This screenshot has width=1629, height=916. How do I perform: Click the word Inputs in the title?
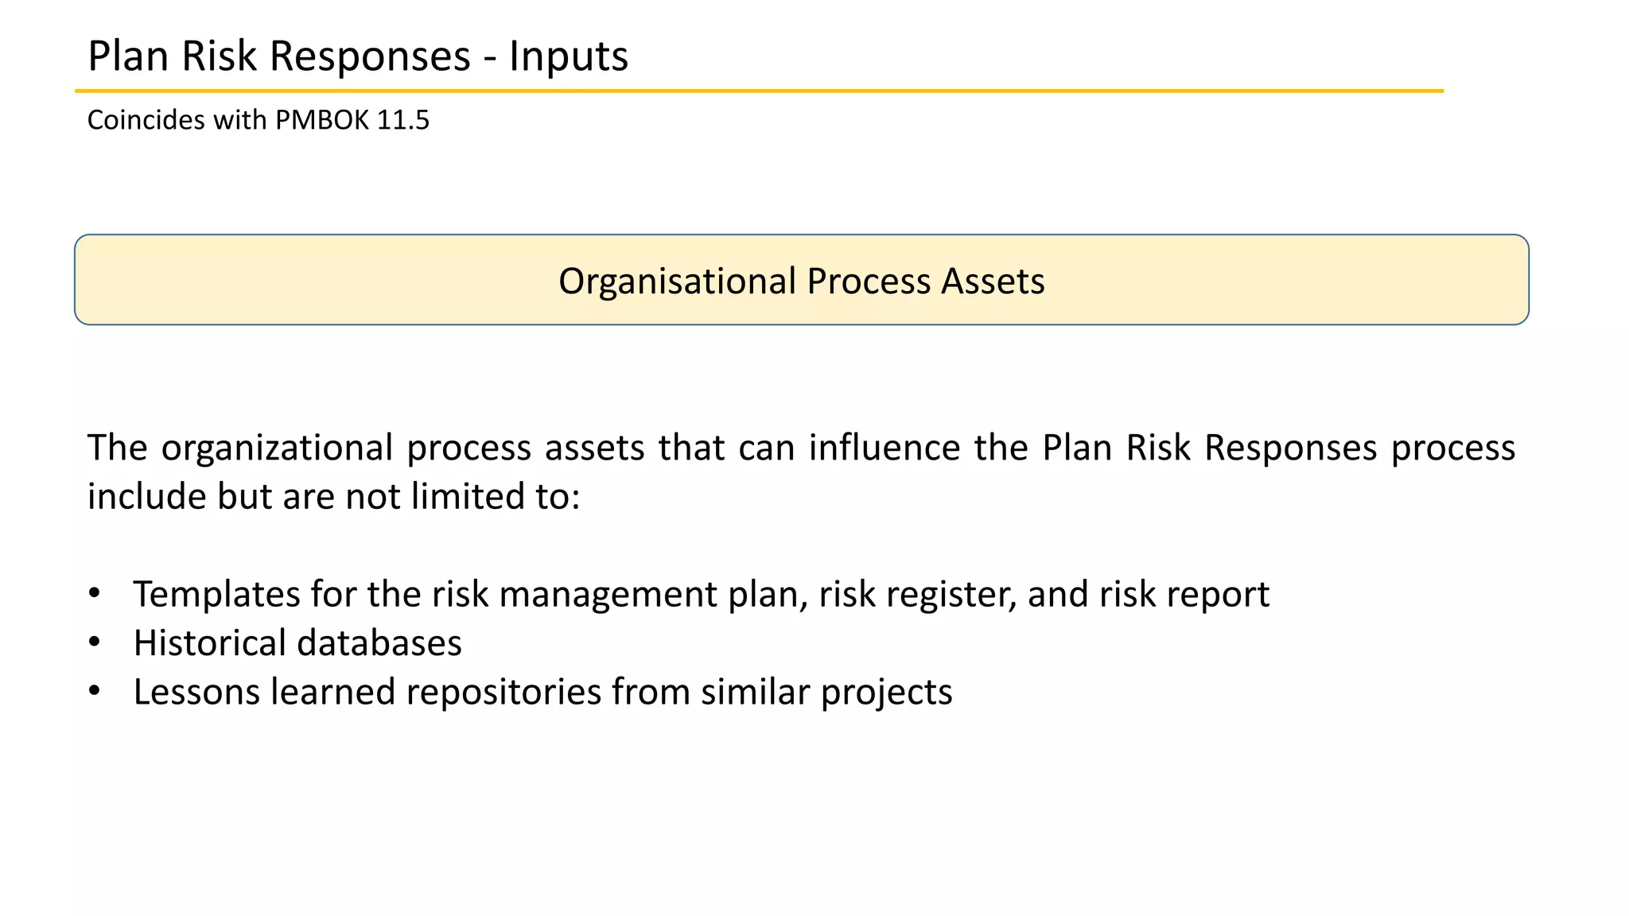tap(568, 56)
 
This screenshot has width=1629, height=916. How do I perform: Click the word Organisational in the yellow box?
tap(677, 281)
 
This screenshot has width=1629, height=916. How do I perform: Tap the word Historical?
tap(209, 643)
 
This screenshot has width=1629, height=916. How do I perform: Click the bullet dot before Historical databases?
tap(95, 642)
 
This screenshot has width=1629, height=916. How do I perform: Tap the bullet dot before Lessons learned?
tap(95, 691)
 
